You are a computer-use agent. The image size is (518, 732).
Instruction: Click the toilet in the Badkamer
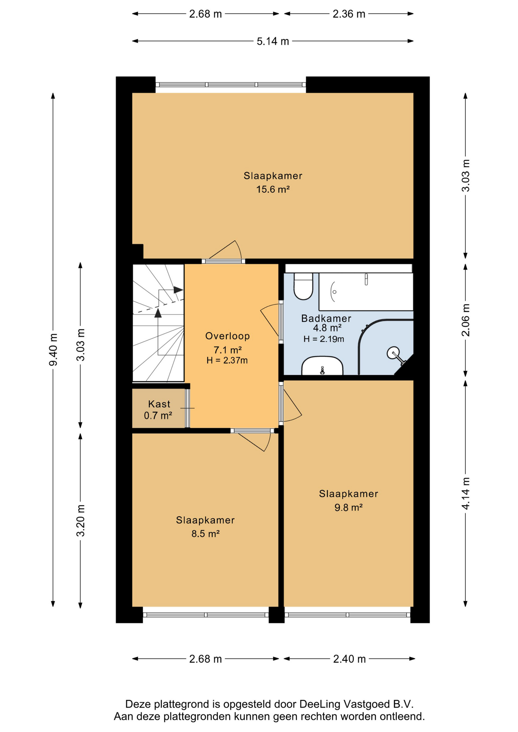pos(303,286)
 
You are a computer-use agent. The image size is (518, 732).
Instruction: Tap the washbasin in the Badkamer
pos(322,366)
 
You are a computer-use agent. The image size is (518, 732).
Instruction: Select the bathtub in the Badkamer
pos(366,292)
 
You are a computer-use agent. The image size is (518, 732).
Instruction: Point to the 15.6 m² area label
pos(273,189)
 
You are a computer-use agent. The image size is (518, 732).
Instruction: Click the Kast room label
pos(159,404)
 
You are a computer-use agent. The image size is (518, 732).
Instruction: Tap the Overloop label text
pos(227,336)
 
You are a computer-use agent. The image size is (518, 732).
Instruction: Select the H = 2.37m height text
pos(227,360)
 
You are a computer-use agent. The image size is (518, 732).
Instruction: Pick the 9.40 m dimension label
pos(53,349)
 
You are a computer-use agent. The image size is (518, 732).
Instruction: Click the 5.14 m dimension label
pos(273,41)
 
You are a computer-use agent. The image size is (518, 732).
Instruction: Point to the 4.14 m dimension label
pos(466,493)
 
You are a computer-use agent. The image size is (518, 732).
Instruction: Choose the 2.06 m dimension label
pos(466,320)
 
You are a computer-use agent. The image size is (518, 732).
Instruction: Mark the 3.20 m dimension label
pos(80,520)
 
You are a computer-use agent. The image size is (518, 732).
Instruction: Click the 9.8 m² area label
pos(348,507)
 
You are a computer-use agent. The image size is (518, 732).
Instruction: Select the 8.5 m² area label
pos(205,534)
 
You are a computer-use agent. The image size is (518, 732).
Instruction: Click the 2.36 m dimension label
pos(349,14)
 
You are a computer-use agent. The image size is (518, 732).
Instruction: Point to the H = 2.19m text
pos(324,339)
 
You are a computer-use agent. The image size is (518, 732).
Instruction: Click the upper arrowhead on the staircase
pos(178,290)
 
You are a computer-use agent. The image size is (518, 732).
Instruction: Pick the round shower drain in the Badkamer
pos(393,353)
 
